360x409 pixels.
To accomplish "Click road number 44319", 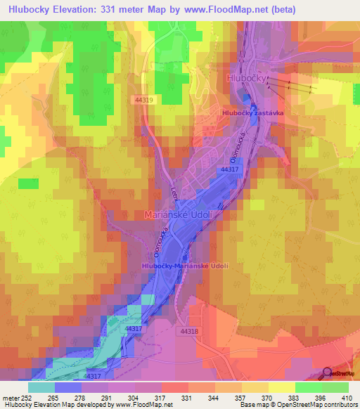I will pos(144,100).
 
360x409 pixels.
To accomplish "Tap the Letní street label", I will pos(174,191).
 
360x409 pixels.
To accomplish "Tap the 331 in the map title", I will pos(128,10).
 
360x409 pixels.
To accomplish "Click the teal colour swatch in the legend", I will pos(41,387).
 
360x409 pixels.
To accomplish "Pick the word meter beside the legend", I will pos(12,398).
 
